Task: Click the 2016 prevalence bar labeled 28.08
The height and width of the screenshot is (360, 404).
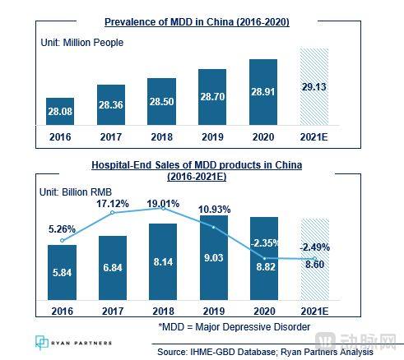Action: coord(60,111)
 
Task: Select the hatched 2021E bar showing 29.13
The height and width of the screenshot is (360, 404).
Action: coord(314,87)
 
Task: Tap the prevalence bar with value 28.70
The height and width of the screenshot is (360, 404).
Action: coord(212,97)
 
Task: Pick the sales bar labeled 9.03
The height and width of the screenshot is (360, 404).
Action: coord(214,257)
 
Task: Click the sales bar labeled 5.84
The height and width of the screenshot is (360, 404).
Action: coord(62,272)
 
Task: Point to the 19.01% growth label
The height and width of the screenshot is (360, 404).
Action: coord(163,204)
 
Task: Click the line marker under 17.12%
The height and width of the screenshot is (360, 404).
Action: coord(112,212)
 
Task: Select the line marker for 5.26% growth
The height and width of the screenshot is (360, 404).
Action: coord(63,240)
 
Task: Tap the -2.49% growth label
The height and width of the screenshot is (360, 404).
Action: coord(314,247)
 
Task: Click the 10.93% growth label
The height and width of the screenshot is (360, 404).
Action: coord(214,210)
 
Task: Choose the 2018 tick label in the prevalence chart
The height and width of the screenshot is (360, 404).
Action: coord(162,137)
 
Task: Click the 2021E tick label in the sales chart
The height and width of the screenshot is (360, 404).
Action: coord(314,312)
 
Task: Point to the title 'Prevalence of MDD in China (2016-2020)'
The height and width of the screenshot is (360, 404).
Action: coord(197,22)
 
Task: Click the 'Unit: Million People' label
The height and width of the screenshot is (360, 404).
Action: coord(82,43)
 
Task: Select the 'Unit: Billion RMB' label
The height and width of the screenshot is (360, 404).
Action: coord(76,192)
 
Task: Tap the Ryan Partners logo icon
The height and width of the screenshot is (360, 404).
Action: coord(42,342)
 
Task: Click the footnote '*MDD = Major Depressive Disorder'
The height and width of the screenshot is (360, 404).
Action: coord(235,327)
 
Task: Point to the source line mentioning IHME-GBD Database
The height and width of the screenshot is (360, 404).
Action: coord(265,352)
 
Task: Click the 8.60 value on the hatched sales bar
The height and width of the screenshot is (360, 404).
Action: coord(315,265)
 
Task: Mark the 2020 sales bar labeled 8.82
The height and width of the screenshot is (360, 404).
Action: coord(264,258)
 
